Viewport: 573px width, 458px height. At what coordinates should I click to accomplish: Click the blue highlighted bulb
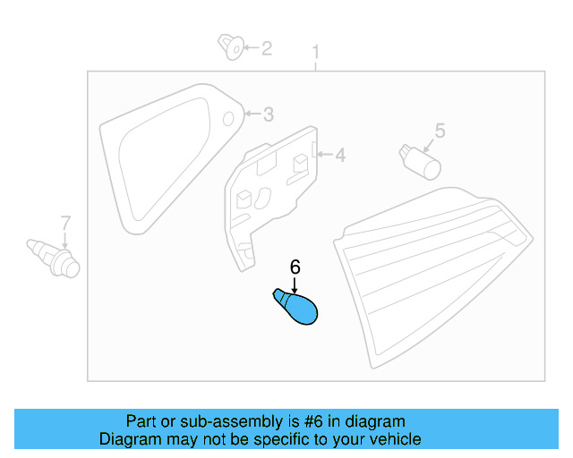296,307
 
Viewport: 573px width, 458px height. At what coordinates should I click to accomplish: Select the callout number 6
295,267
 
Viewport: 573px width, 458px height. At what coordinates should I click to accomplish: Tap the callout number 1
316,52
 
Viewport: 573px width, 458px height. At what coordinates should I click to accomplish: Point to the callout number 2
267,48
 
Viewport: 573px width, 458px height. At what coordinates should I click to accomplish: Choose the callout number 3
269,114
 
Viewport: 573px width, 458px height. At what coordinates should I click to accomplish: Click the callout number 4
340,156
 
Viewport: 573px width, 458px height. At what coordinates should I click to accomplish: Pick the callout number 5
440,131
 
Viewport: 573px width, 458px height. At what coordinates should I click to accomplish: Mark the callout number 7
65,223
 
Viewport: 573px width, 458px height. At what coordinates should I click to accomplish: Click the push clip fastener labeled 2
231,47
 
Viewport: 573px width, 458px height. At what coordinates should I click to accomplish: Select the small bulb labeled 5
420,162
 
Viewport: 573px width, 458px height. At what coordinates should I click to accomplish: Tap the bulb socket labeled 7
54,259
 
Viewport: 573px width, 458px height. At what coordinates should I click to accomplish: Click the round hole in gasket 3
228,119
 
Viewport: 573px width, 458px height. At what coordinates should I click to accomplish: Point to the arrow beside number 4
324,155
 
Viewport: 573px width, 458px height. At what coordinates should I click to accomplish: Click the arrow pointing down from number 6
295,284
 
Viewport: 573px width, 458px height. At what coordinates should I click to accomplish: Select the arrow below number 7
65,241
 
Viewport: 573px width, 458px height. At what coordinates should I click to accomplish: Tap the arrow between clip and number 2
252,47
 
